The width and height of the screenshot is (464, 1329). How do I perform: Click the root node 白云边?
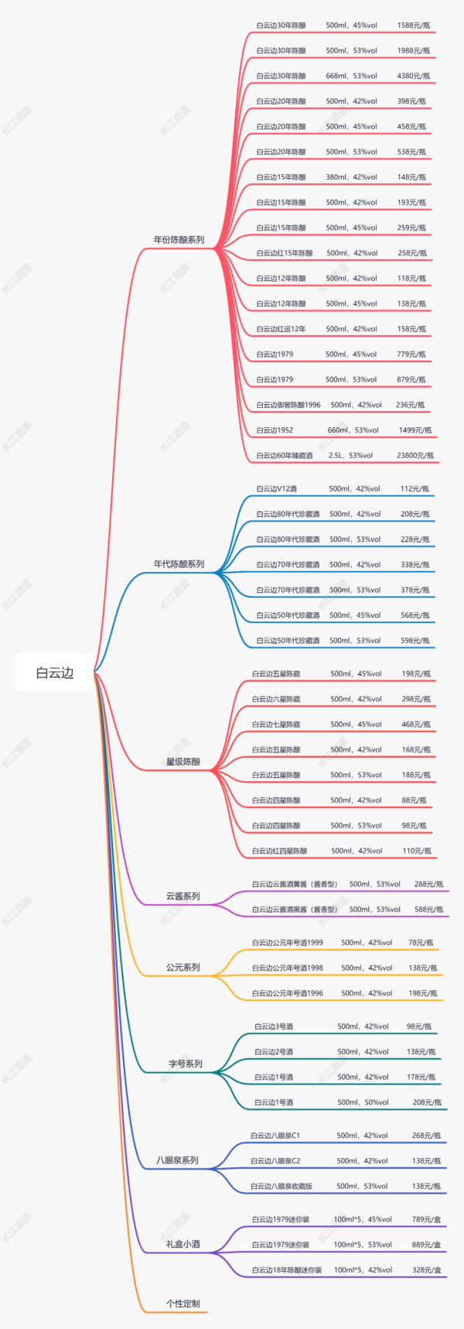pos(54,673)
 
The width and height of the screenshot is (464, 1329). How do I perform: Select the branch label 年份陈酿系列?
pos(179,240)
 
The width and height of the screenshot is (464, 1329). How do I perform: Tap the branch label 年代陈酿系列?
pos(179,564)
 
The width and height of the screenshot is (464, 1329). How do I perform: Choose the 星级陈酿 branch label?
pos(183,762)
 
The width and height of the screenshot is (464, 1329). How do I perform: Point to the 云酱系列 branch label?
pos(183,896)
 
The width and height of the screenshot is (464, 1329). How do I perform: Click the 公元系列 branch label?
pos(183,968)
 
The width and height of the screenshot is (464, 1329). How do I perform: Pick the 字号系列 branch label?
pos(186,1064)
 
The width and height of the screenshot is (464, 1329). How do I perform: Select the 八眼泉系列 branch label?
pos(177,1160)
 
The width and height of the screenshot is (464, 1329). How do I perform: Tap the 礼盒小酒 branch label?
pos(183,1244)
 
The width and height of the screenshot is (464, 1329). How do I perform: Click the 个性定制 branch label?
pos(183,1303)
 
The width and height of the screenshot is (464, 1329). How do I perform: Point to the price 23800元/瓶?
pos(415,456)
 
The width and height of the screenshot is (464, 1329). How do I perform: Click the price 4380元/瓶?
pos(413,76)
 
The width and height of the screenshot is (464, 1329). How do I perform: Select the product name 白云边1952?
pos(275,430)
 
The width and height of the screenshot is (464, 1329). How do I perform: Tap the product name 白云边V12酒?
pos(276,489)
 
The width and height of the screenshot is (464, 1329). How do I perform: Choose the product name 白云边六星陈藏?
pos(276,699)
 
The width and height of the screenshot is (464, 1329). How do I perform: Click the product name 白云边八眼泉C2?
pos(275,1161)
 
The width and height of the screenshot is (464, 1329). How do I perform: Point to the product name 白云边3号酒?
pos(274,1026)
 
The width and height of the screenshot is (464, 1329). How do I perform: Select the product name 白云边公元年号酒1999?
pos(288,943)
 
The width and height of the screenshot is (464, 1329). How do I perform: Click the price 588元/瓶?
pos(428,909)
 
